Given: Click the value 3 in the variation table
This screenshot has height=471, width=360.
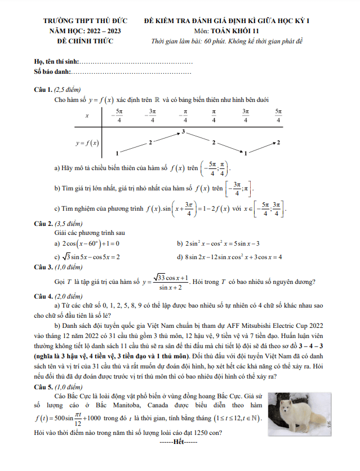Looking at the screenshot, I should click(183, 132).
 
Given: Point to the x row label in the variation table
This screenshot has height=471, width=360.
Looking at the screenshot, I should click(87, 115).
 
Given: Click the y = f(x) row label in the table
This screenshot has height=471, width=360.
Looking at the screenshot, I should click(87, 143).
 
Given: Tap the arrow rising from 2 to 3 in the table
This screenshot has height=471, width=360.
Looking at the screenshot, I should click(167, 137).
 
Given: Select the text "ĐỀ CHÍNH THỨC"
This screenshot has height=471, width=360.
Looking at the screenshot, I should click(85, 41).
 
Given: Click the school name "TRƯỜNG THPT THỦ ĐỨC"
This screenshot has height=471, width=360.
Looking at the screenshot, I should click(85, 21).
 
